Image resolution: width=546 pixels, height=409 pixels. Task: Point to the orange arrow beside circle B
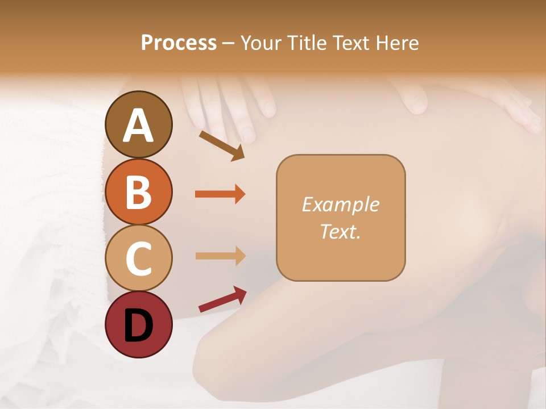tap(220, 194)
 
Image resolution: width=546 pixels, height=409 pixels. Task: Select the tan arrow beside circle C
tap(220, 256)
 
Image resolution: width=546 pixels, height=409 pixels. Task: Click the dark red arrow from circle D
tap(222, 300)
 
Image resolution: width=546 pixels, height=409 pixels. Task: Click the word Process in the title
tap(179, 43)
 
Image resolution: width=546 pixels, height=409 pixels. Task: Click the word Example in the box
tap(341, 204)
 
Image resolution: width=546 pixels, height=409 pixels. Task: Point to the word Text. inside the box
tap(341, 231)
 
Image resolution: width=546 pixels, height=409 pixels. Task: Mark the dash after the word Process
tap(229, 43)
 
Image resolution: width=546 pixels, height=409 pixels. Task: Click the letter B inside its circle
tap(138, 192)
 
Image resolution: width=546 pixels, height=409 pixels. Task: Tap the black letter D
tap(138, 325)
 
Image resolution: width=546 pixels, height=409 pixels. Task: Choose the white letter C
tap(138, 258)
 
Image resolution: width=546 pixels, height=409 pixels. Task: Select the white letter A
tap(138, 125)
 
